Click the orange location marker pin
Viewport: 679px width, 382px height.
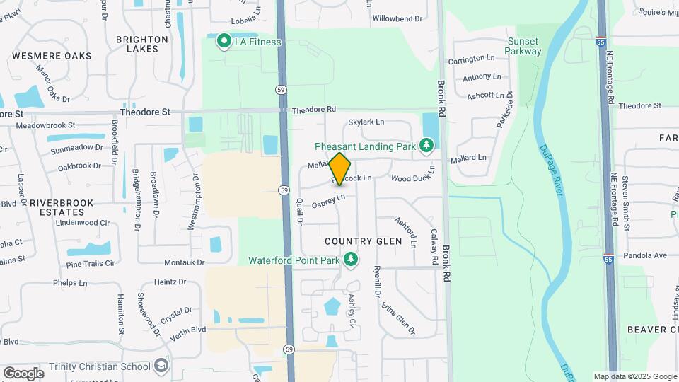pos(340,168)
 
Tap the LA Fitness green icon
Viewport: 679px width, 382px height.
pos(224,42)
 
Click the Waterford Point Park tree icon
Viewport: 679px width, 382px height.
pos(349,260)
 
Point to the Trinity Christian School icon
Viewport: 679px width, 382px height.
pos(161,366)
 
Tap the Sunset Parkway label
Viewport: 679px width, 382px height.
pos(524,46)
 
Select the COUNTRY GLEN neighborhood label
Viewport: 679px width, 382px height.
pos(363,241)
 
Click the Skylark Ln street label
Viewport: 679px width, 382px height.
pos(366,122)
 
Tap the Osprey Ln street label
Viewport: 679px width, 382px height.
pos(328,201)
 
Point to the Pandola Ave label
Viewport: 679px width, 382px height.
pos(645,255)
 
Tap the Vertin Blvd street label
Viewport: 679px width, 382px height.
pos(188,329)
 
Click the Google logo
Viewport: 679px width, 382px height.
pos(23,373)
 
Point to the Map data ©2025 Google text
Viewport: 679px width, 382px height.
pos(634,376)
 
